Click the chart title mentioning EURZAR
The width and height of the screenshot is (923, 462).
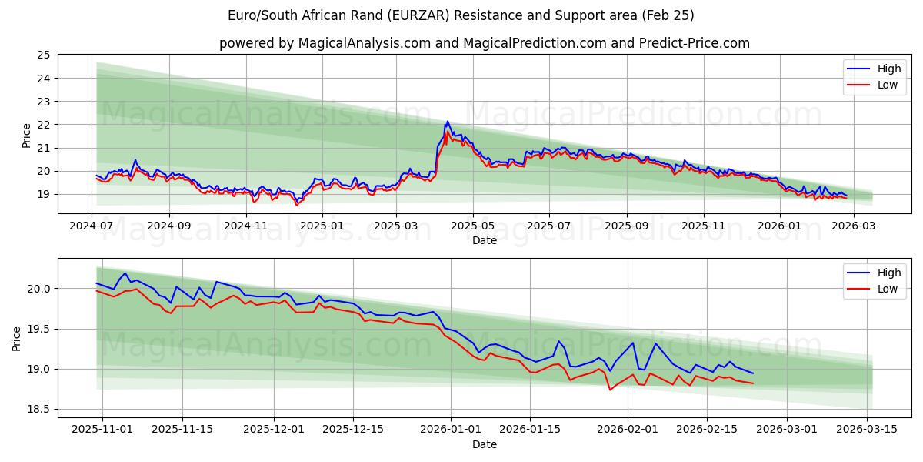click(x=461, y=15)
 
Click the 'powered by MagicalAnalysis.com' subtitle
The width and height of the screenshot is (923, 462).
click(x=484, y=43)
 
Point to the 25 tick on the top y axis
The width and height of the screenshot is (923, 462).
click(x=43, y=55)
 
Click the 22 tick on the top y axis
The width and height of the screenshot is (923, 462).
click(x=43, y=125)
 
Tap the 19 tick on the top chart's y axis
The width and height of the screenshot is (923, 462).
click(x=43, y=194)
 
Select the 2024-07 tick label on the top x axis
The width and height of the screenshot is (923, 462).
click(x=92, y=226)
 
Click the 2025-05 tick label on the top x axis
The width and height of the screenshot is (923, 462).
click(x=472, y=226)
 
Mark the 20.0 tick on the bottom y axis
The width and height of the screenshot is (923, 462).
click(x=40, y=289)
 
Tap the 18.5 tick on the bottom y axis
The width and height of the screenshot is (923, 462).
click(x=40, y=410)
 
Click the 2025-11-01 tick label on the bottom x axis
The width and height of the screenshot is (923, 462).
click(x=102, y=430)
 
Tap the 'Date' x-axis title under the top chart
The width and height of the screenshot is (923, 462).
click(x=484, y=240)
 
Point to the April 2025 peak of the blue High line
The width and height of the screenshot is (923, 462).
click(x=447, y=122)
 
